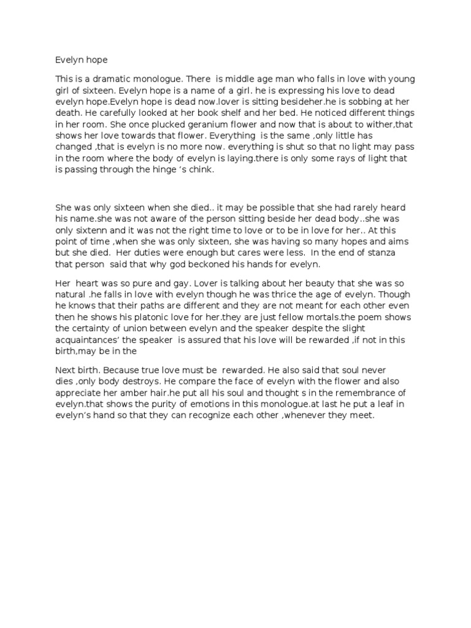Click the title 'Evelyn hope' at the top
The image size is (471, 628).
[81, 60]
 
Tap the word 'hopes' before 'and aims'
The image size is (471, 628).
[367, 241]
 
